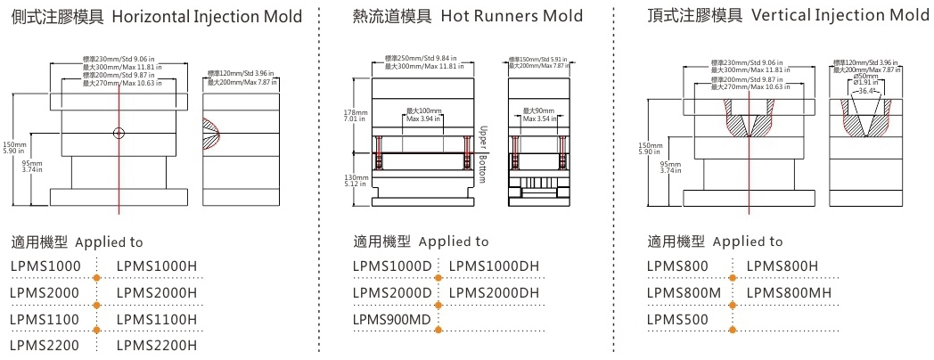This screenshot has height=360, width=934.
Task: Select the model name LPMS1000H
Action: coord(157,266)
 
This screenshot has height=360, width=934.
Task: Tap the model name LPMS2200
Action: coord(45,345)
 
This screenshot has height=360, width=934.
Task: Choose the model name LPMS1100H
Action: coord(157,318)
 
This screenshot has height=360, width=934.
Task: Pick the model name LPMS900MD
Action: coord(392,318)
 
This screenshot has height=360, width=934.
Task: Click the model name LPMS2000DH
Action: coord(494,291)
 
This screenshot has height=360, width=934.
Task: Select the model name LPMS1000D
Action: coord(392,266)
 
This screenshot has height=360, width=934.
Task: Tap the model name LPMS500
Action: coord(677,318)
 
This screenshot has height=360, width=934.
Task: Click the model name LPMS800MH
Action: coord(789,291)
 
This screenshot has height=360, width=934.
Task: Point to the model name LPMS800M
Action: coord(682,291)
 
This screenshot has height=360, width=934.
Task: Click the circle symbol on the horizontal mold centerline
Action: coord(119,134)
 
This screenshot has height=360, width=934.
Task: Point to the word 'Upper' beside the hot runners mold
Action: coord(483,136)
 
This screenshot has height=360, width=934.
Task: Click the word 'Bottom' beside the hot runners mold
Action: coord(483,167)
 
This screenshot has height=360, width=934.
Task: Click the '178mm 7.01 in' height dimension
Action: coord(355,118)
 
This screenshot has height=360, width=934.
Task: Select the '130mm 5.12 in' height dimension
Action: coord(355,182)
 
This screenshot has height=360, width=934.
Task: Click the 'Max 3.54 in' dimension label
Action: coord(540,119)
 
